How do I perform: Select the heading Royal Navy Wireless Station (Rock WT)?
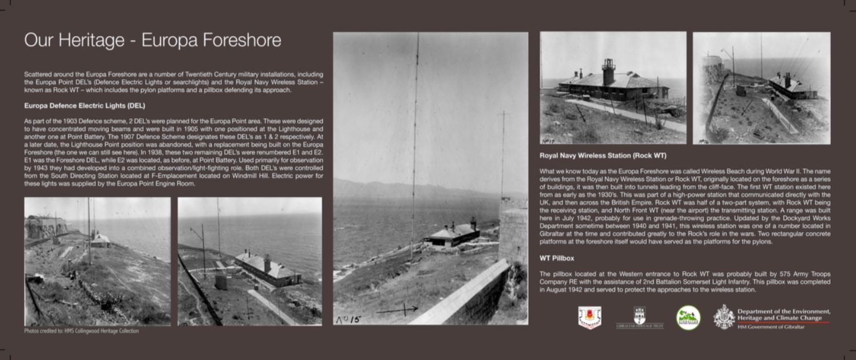click(x=603, y=156)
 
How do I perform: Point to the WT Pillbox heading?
click(x=557, y=259)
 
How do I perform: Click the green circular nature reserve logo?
click(x=688, y=318)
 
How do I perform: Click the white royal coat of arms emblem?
click(x=724, y=317)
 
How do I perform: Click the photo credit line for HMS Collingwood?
click(x=81, y=331)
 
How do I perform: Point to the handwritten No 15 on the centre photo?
click(x=348, y=319)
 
